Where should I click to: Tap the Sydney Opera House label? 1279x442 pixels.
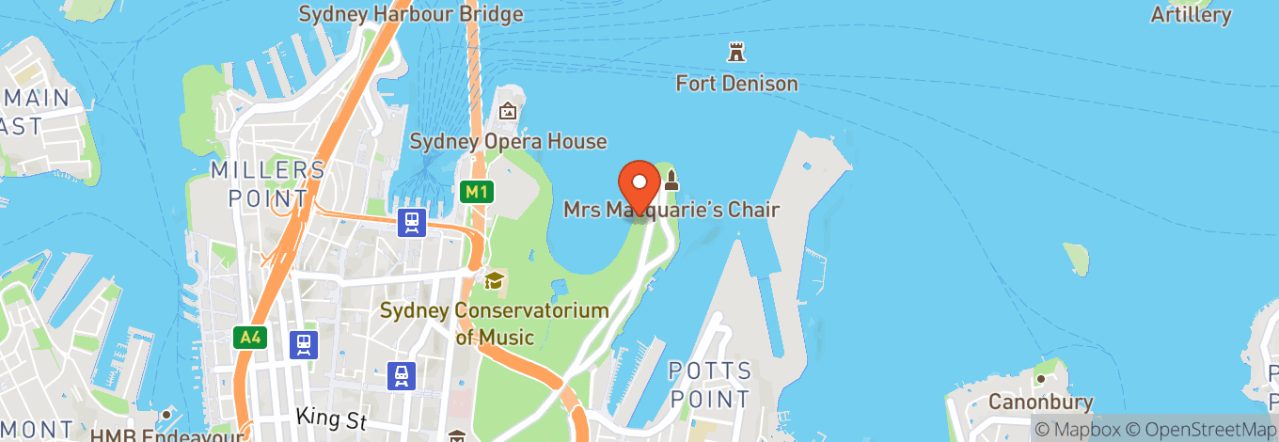(x=508, y=142)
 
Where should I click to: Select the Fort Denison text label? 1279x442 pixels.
(x=736, y=84)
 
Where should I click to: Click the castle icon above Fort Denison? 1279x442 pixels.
(x=736, y=52)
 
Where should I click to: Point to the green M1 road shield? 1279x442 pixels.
(x=478, y=192)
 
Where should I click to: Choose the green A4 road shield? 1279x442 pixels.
(x=246, y=335)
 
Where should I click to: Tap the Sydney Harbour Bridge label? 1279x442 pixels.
(x=410, y=14)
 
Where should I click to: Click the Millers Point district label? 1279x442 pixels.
(x=268, y=183)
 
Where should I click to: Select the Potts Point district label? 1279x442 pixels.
(x=710, y=385)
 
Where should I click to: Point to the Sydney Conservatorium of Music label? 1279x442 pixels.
(x=494, y=324)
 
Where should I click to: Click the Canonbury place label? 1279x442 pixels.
(x=1040, y=403)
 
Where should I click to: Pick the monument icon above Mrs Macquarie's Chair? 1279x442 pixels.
(x=671, y=181)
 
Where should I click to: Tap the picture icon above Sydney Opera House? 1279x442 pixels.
(x=508, y=112)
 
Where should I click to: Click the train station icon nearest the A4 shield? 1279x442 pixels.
(x=303, y=344)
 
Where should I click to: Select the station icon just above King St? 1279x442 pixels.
(x=402, y=376)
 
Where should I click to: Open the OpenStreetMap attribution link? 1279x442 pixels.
(x=1207, y=429)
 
